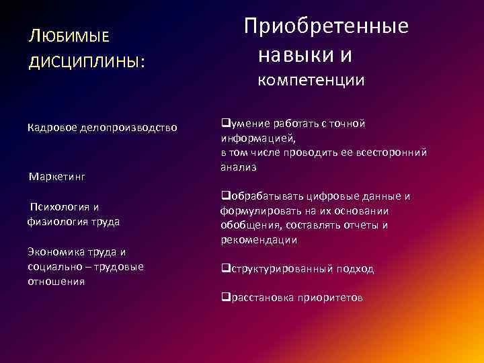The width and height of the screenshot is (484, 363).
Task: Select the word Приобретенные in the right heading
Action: coord(326,27)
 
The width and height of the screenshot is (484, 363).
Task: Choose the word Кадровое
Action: coord(51,126)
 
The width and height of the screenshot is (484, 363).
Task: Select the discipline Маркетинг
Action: coord(57,176)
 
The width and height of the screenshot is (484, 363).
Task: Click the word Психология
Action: coord(59,207)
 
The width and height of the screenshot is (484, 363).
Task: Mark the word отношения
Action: coord(56,282)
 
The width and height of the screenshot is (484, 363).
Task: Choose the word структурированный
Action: coord(282,269)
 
